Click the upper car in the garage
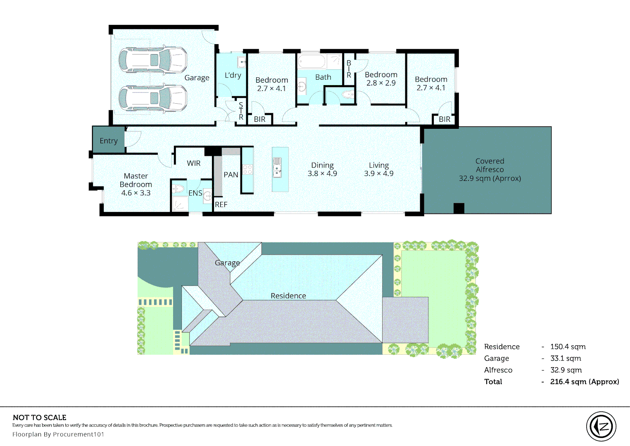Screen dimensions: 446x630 pos(152,60)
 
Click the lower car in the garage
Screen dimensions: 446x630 pos(152,98)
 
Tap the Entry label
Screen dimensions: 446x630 pos(109,141)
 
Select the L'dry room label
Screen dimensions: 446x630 pos(233,75)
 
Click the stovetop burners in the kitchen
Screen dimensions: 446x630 pos(247,169)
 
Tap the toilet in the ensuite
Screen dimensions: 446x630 pos(178,189)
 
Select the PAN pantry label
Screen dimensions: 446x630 pos(231,175)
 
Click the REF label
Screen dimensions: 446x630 pos(221,204)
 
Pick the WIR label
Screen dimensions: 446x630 pos(193,163)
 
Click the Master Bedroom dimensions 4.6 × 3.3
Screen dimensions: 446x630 pos(136,193)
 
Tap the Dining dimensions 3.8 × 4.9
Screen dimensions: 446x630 pos(322,173)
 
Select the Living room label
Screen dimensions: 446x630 pos(379,165)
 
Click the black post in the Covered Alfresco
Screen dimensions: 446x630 pos(459,208)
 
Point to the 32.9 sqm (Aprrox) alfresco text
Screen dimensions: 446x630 pos(490,178)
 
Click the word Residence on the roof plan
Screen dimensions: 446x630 pos(288,296)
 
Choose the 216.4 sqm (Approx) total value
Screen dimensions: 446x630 pos(584,382)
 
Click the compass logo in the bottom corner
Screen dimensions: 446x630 pos(601,426)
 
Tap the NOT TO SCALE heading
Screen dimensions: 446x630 pos(40,418)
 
